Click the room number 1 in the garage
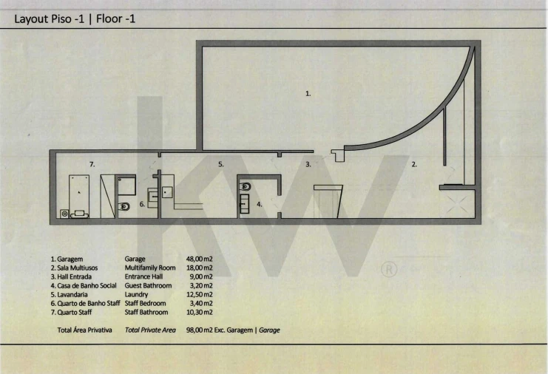click(308, 94)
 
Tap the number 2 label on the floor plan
click(414, 164)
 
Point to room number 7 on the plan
click(92, 164)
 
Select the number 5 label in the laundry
click(221, 164)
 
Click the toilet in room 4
click(246, 187)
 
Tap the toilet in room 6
click(124, 207)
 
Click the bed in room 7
click(79, 197)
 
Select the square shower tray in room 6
click(126, 186)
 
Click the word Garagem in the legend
click(70, 259)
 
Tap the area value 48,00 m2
click(199, 259)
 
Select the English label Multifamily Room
click(150, 268)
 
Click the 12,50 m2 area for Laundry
click(199, 294)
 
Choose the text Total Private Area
click(150, 330)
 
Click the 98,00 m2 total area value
click(199, 330)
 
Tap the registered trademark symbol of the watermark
click(389, 269)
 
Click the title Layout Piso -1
click(50, 18)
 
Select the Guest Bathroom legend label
click(148, 285)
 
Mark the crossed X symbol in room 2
click(458, 204)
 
